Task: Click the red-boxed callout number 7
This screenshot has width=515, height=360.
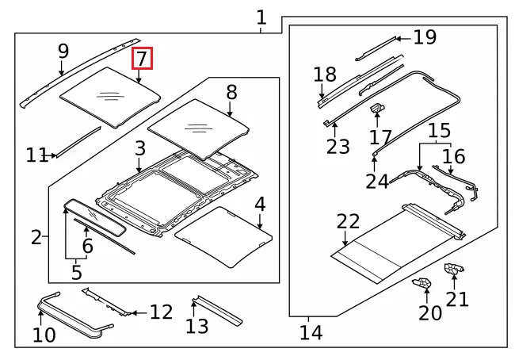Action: (141, 59)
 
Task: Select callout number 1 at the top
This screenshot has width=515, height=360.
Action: (261, 17)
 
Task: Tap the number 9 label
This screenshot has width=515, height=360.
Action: (63, 52)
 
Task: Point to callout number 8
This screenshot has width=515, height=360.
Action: (231, 92)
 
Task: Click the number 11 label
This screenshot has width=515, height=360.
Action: (36, 155)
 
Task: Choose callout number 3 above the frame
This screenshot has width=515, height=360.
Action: (139, 148)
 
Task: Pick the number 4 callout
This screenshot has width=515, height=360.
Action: (260, 205)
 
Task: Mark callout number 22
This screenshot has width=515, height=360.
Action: (348, 222)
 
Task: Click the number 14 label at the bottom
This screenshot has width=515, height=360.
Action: (311, 332)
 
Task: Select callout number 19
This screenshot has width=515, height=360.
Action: (425, 36)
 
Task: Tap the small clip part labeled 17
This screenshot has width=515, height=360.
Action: (380, 108)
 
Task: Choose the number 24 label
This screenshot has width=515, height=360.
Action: (377, 181)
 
